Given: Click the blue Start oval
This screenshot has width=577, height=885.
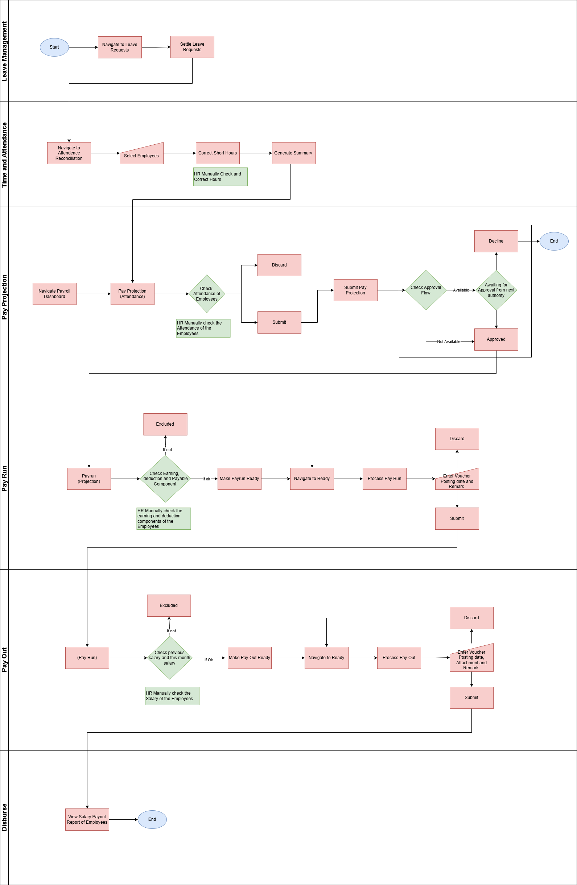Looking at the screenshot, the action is [54, 47].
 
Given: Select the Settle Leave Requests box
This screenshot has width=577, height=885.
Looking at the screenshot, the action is [192, 47].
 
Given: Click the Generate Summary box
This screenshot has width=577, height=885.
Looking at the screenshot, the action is [293, 153].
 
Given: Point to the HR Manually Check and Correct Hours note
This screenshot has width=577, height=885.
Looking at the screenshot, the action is [220, 177].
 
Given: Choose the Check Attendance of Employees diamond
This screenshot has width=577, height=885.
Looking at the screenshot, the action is [207, 294].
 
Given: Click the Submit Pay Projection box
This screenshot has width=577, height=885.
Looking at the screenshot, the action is [355, 290].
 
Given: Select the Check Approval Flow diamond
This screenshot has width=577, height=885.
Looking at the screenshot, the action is [426, 290].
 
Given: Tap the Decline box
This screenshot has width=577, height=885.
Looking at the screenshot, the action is [496, 241].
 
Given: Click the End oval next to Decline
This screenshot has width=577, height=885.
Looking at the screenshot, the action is [554, 241].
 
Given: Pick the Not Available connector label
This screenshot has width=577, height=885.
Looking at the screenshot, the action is [449, 342].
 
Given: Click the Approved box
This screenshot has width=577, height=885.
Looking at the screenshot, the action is [496, 339].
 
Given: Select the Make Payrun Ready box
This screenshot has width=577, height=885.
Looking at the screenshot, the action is [239, 479].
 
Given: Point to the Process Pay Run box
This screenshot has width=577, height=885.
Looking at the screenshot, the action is [384, 479].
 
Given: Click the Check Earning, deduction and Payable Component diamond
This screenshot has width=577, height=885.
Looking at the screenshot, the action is [165, 479].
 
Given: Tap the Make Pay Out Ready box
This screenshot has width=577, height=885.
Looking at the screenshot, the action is [250, 658].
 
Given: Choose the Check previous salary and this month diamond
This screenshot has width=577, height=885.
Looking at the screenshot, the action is [170, 658].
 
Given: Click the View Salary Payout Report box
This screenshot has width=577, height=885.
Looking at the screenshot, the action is [87, 819].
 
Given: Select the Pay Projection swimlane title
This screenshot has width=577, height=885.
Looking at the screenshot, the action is [4, 297].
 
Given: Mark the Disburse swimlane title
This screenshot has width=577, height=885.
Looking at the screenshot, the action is [4, 817].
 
